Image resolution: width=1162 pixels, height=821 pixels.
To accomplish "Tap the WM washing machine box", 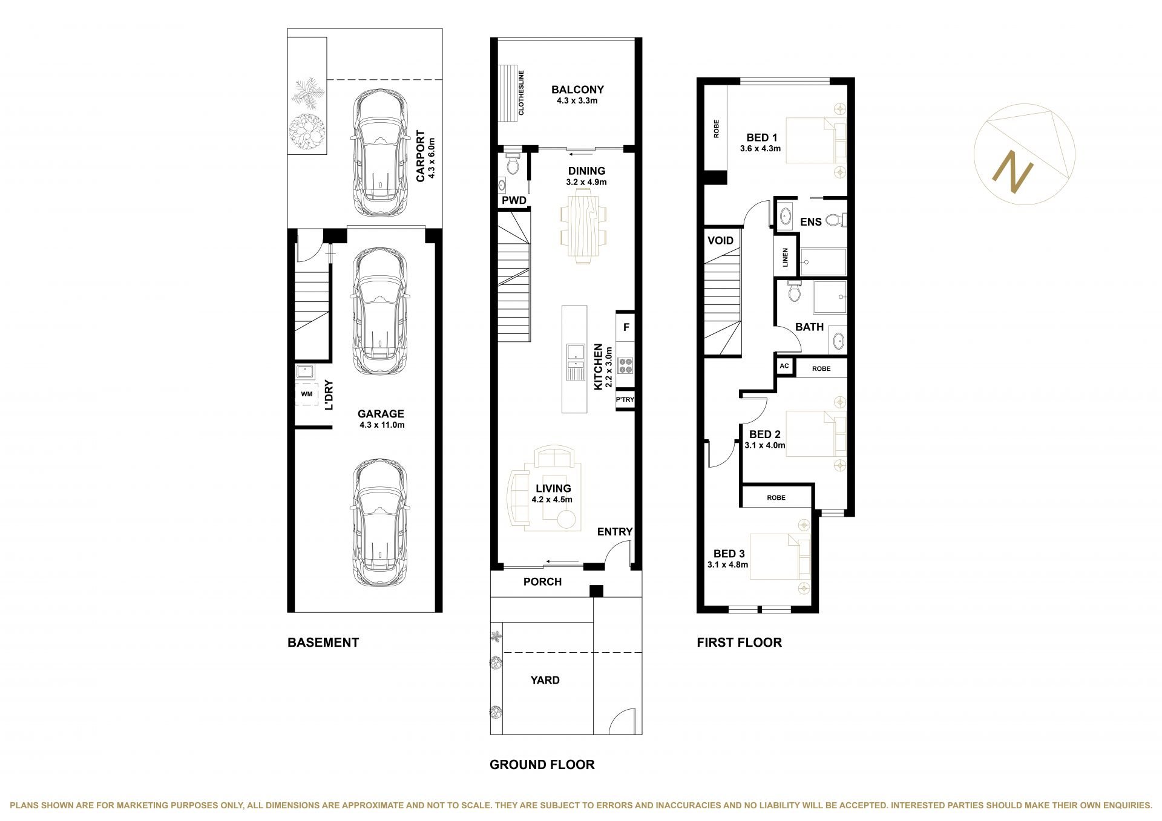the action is (x=307, y=394).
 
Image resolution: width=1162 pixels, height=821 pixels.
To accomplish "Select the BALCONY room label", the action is (x=577, y=90).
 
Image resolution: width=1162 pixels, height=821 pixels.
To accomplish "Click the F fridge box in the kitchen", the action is (x=626, y=328).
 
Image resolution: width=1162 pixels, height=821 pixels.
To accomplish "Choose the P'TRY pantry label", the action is (x=625, y=400).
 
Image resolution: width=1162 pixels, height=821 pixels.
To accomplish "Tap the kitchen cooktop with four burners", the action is (x=625, y=365).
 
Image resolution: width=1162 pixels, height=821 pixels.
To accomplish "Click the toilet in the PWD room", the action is (x=513, y=163).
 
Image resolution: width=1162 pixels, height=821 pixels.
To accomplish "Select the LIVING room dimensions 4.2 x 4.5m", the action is (x=552, y=500).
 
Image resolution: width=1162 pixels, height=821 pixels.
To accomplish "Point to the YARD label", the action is (x=545, y=680).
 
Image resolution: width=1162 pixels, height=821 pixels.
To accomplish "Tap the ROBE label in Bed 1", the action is (x=717, y=128).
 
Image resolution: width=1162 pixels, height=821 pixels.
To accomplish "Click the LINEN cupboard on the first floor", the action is (x=786, y=258).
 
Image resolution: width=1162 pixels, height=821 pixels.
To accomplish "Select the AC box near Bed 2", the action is (x=784, y=366).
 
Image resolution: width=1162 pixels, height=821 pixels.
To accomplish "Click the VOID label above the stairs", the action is (x=720, y=240).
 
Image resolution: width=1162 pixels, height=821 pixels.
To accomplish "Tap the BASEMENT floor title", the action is (x=323, y=643).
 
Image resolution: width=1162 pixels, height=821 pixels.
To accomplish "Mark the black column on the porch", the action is (x=597, y=591).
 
